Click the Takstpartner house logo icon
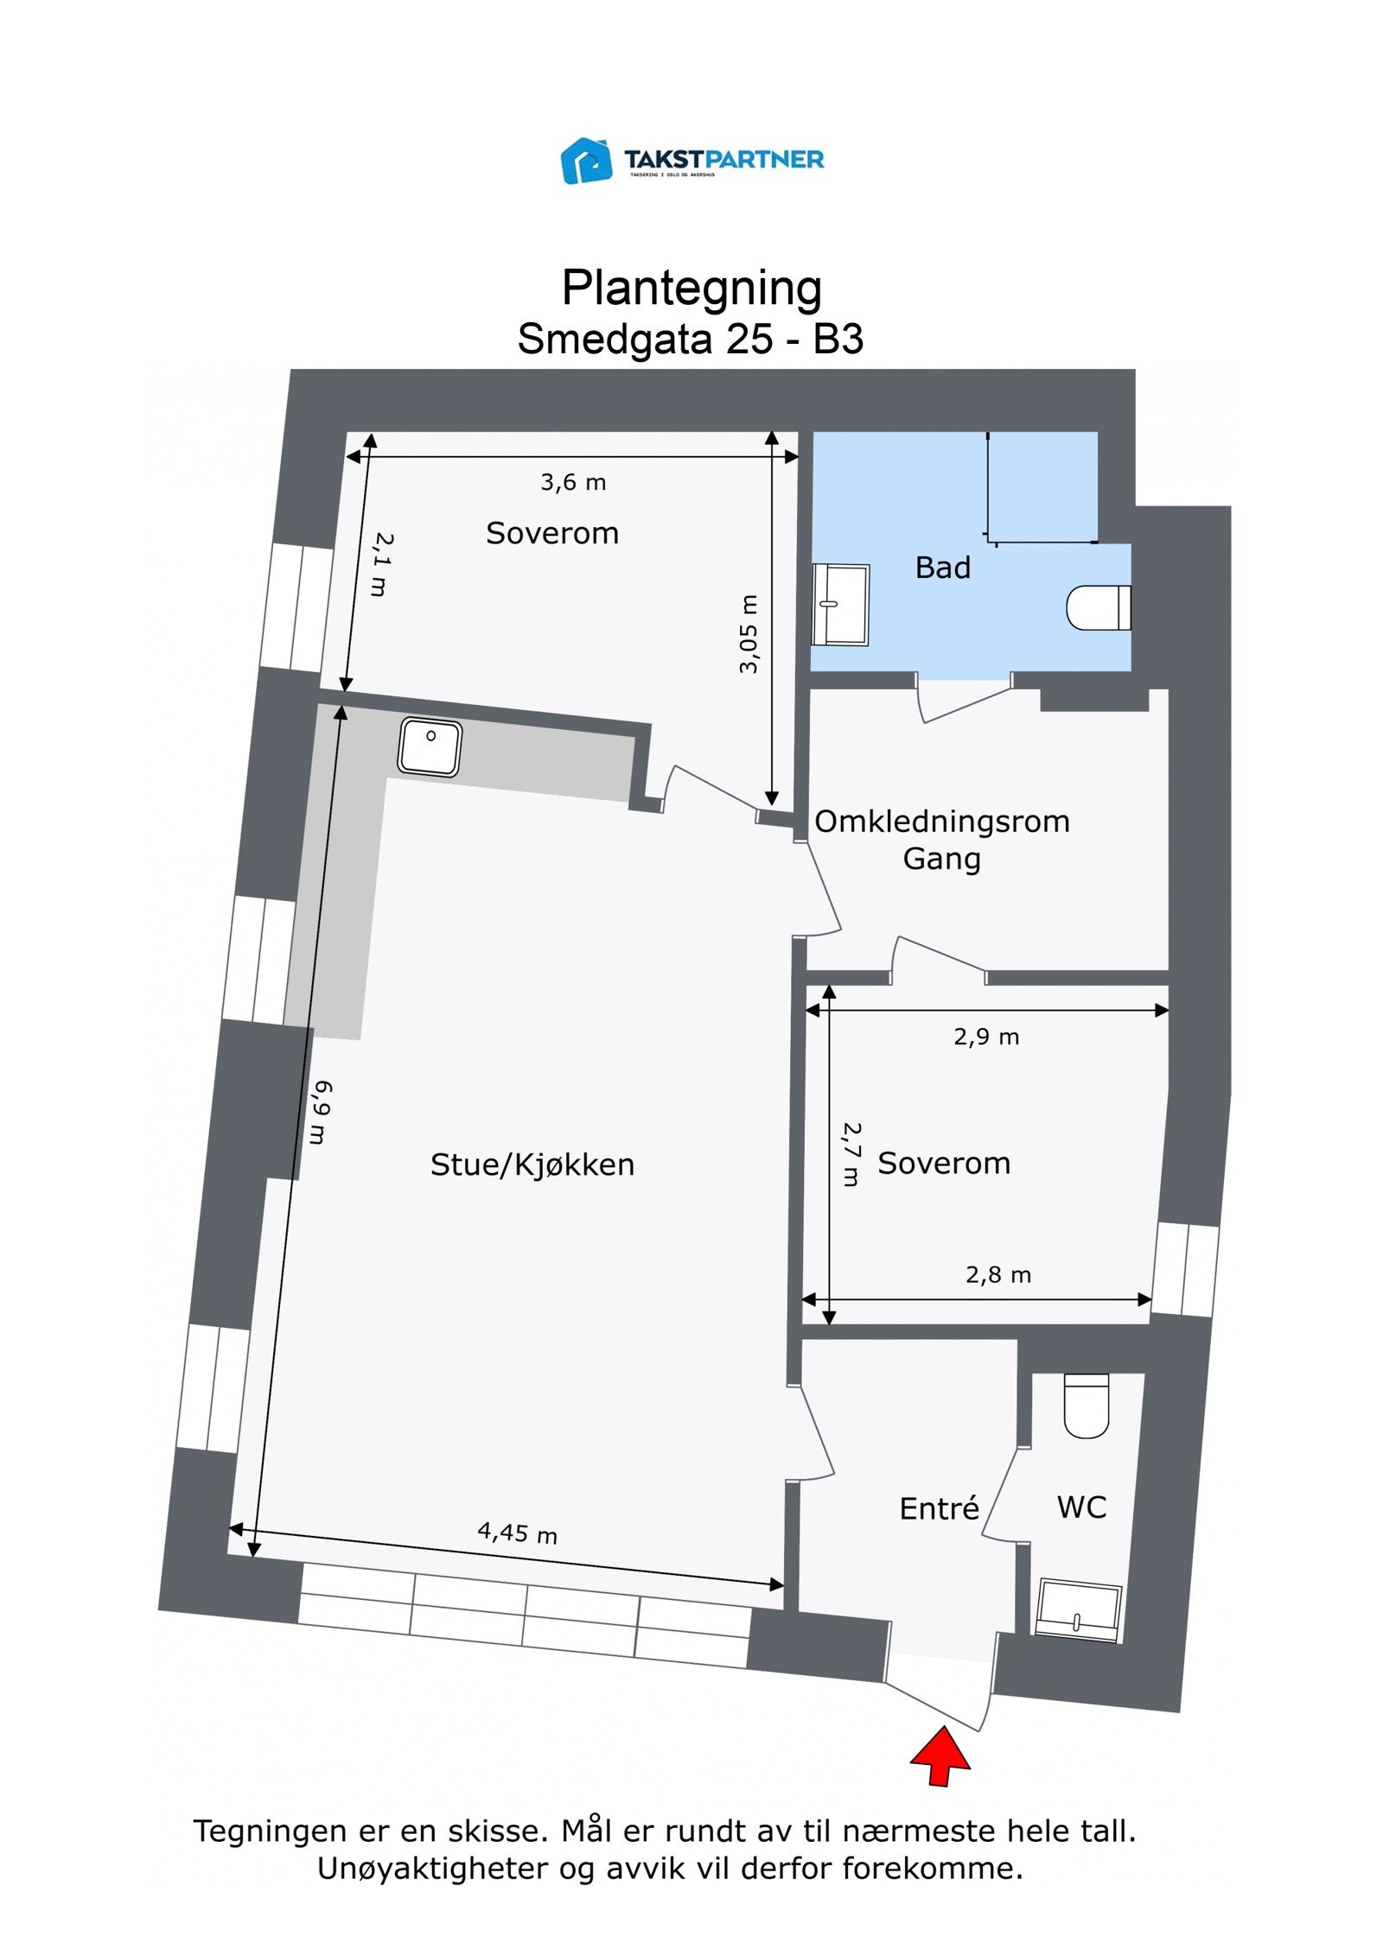click(x=587, y=160)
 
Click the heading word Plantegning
click(x=691, y=288)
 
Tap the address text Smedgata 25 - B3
click(x=691, y=339)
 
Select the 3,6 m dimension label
click(x=573, y=482)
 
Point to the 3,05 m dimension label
click(x=749, y=633)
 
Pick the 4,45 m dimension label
click(x=517, y=1533)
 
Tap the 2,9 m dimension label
click(x=986, y=1037)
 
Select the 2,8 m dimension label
click(x=998, y=1274)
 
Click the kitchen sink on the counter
click(x=430, y=746)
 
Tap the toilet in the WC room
click(x=1086, y=1405)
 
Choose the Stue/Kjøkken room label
click(x=532, y=1165)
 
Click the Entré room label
click(x=939, y=1508)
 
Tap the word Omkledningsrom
click(x=942, y=822)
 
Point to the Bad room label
click(x=943, y=568)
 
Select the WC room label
click(x=1081, y=1508)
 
